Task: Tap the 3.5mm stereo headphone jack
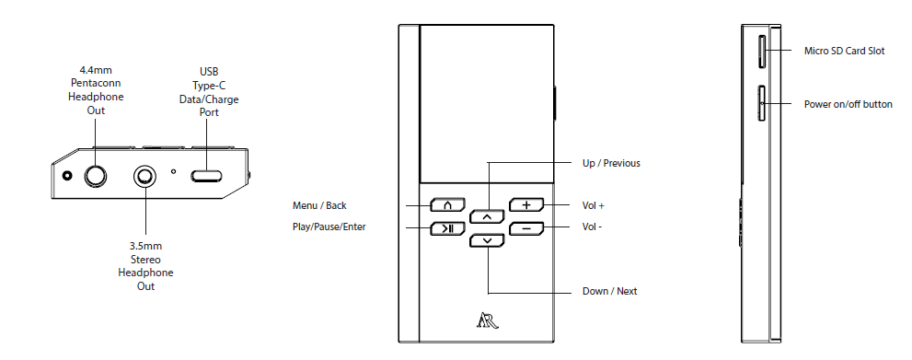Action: pyautogui.click(x=145, y=175)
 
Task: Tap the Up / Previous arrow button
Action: pyautogui.click(x=487, y=216)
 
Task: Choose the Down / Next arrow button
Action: pyautogui.click(x=487, y=240)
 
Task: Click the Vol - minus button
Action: pyautogui.click(x=526, y=227)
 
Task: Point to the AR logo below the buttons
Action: pyautogui.click(x=487, y=320)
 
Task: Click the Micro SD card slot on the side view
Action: pyautogui.click(x=762, y=52)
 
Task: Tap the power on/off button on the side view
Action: pyautogui.click(x=762, y=103)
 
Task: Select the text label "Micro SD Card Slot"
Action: pyautogui.click(x=844, y=52)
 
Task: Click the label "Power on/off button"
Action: pyautogui.click(x=848, y=104)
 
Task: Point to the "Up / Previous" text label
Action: pyautogui.click(x=612, y=164)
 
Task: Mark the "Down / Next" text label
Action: pyautogui.click(x=609, y=291)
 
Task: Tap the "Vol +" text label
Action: pyautogui.click(x=594, y=205)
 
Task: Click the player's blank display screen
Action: pyautogui.click(x=487, y=103)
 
